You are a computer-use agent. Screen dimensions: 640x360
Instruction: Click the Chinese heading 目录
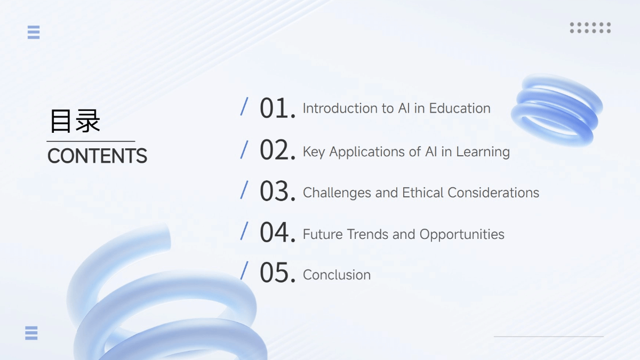75,121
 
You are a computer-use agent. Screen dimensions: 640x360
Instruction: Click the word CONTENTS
97,156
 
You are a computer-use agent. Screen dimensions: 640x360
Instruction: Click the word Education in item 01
460,108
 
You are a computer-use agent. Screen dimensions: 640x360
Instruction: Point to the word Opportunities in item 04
462,235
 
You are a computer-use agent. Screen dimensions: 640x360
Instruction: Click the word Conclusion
337,275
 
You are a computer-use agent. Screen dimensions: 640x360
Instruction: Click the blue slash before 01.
244,106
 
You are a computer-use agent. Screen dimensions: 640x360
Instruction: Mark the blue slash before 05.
244,270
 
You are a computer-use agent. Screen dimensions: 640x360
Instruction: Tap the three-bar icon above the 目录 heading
34,33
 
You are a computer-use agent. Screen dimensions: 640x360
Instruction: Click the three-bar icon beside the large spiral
31,333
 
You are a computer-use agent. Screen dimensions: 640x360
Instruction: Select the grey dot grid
590,28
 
